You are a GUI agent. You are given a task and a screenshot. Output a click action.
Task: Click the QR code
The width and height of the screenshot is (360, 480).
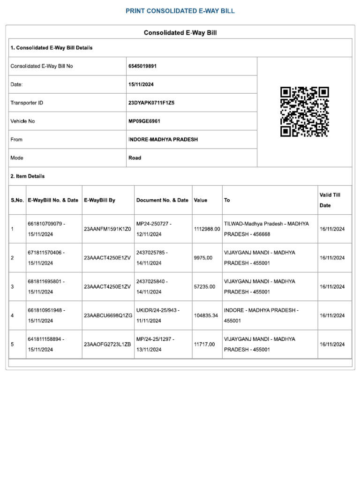[304, 112]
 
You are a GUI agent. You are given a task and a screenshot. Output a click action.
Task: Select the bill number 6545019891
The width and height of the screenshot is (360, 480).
[142, 66]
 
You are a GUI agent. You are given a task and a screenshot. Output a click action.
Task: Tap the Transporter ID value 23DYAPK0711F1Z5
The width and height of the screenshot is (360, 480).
[151, 103]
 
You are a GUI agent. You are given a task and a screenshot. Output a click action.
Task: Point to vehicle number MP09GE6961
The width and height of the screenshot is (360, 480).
[144, 121]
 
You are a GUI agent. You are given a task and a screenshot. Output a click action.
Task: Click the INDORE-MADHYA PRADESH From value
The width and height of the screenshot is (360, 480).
[163, 140]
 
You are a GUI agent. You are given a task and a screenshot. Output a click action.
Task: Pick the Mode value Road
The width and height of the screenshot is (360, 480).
[135, 158]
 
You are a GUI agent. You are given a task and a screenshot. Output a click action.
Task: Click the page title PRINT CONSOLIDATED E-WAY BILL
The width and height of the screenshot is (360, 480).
[180, 11]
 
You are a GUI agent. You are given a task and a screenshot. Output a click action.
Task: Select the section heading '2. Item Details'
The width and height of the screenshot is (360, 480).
[28, 176]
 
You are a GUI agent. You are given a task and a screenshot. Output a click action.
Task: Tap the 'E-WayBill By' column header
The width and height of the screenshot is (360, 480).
[99, 200]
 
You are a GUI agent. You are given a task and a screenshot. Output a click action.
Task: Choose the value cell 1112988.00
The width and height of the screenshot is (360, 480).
[207, 229]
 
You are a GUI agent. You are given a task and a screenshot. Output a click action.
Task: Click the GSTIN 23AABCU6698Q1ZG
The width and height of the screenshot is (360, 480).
[108, 315]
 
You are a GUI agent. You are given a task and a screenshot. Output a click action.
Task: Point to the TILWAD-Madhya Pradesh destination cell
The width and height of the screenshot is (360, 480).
[266, 229]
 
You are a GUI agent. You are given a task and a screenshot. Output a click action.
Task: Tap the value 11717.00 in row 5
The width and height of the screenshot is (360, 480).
[204, 345]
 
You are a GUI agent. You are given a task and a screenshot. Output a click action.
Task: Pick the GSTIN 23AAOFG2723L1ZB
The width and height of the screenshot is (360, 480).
[107, 345]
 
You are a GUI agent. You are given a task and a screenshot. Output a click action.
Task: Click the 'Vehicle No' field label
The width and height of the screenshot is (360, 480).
[22, 121]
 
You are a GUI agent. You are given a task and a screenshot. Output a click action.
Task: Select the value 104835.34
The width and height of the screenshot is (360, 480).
[206, 315]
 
